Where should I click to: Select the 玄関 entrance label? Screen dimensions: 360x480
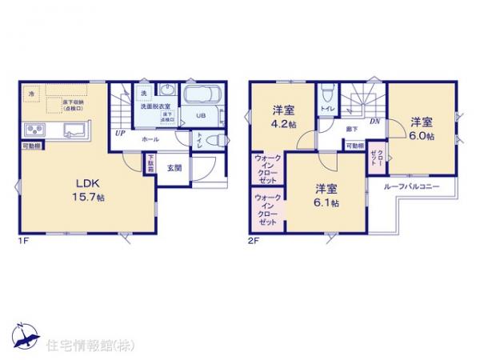coord(175,168)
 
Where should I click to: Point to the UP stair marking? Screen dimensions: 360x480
coord(119,134)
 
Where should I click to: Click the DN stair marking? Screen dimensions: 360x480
coord(374,121)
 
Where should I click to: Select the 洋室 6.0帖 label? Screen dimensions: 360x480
coord(422,128)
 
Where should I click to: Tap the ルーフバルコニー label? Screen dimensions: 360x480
coord(411,186)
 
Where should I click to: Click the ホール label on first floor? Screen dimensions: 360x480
coord(150,139)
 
